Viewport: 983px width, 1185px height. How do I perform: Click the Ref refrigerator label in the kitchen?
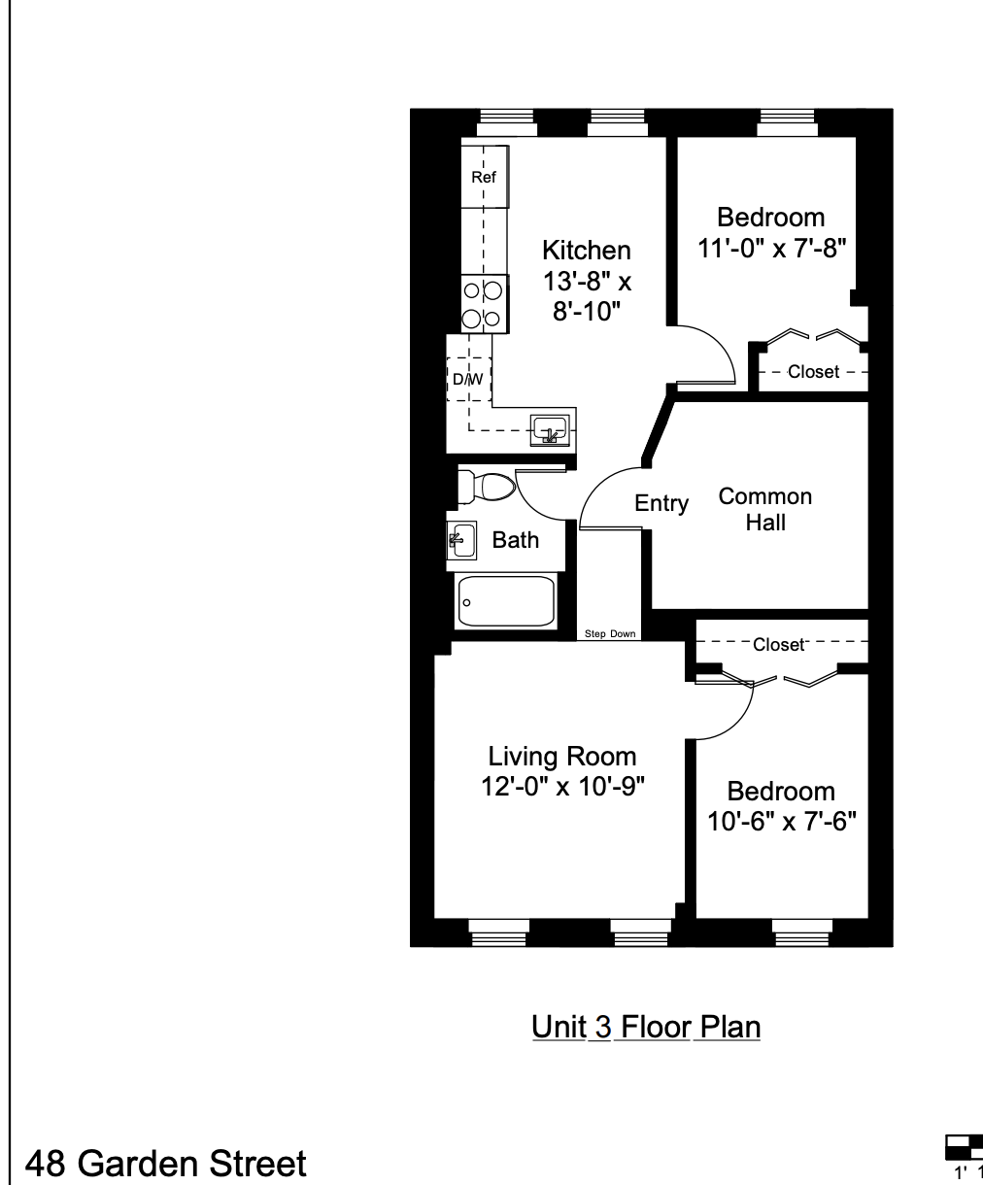click(x=483, y=177)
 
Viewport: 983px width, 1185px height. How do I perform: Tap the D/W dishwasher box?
click(x=468, y=379)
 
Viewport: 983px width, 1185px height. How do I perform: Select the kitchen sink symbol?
click(x=550, y=427)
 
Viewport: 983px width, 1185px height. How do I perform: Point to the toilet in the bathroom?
click(x=485, y=486)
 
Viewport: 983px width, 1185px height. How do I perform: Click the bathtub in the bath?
click(x=505, y=601)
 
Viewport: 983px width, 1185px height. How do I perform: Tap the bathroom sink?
click(x=461, y=538)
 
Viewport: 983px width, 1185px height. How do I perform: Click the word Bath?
click(x=515, y=540)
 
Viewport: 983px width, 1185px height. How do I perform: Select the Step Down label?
click(x=610, y=634)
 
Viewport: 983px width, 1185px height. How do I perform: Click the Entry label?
click(x=661, y=503)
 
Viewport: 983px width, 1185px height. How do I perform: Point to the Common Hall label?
click(x=764, y=509)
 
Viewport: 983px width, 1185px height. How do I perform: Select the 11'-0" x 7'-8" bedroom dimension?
click(x=772, y=247)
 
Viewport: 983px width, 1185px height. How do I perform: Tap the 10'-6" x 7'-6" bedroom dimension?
click(x=780, y=822)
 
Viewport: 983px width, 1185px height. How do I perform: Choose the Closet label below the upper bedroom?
click(x=813, y=372)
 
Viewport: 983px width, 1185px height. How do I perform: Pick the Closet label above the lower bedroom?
click(x=779, y=644)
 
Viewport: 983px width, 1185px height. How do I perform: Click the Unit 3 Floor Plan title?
click(x=645, y=1027)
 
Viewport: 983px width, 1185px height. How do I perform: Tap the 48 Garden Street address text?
click(x=165, y=1163)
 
